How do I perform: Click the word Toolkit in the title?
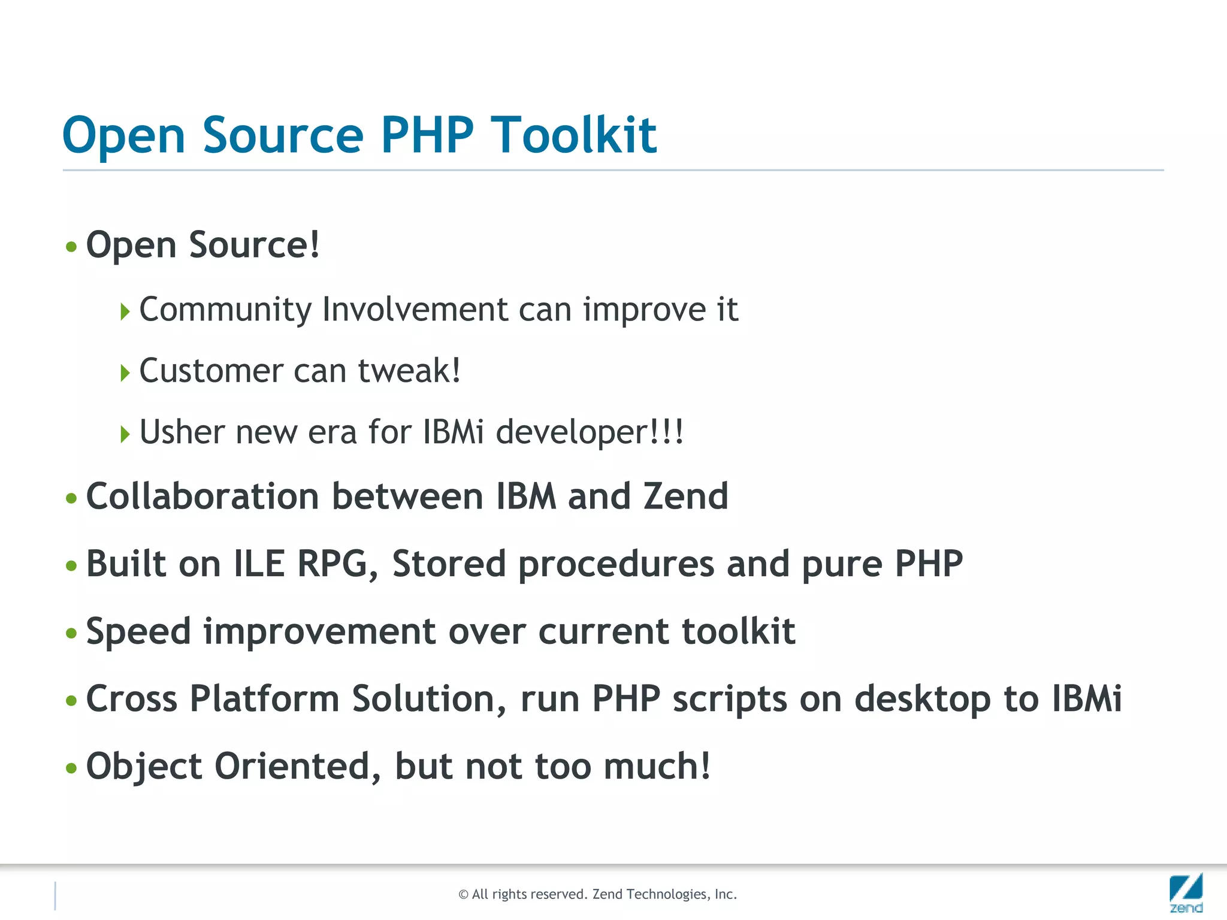(574, 135)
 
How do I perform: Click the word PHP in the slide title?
(427, 135)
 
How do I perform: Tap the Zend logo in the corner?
(1186, 892)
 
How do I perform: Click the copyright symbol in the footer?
(463, 895)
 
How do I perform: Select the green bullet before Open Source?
(71, 247)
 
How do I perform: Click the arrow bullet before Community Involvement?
(125, 311)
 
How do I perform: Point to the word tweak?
(409, 371)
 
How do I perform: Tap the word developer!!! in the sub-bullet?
(590, 432)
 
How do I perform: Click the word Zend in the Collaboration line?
(685, 497)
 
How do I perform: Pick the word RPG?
(338, 564)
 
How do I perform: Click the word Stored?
(449, 564)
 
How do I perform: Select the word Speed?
(138, 632)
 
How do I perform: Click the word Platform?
(264, 699)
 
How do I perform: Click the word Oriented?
(298, 767)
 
